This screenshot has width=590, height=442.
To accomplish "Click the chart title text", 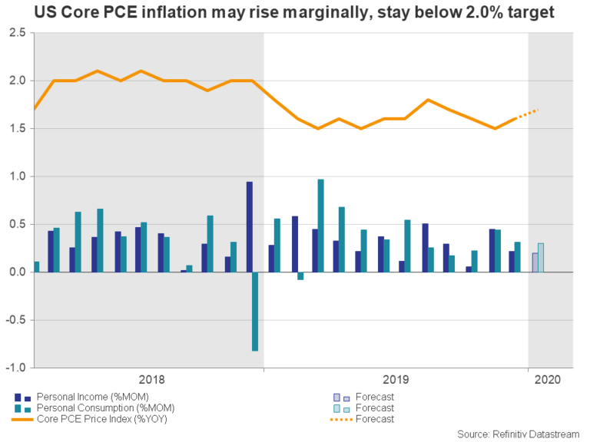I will tap(295, 13).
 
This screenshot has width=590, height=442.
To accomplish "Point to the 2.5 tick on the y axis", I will tap(17, 33).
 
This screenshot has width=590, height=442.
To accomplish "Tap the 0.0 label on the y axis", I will tap(17, 272).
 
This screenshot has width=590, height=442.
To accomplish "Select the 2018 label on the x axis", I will tap(151, 379).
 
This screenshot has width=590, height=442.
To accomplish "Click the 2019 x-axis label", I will tap(396, 379).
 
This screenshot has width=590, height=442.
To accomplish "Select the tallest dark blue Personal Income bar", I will tap(249, 227).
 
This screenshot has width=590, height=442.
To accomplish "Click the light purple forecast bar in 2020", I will tap(535, 262).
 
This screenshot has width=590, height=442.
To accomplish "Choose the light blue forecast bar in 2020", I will tap(541, 258).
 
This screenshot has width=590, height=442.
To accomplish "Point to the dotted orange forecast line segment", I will tap(528, 114).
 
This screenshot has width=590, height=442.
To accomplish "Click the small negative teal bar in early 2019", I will tap(300, 276).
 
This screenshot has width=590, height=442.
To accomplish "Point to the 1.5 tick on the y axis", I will tap(17, 129).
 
